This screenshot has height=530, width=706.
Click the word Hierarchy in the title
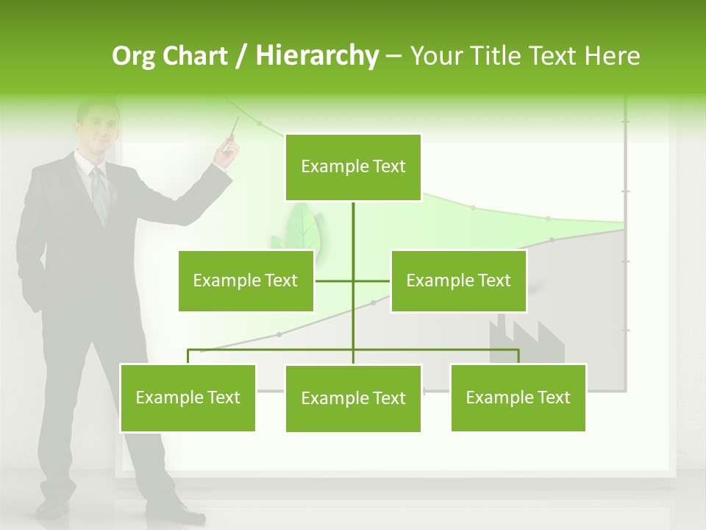click(317, 56)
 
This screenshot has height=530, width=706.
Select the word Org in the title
click(135, 56)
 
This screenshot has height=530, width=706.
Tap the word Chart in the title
click(195, 56)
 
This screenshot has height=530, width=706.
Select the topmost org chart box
click(353, 167)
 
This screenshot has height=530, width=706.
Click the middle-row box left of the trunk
click(246, 280)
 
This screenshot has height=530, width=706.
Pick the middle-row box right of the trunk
click(458, 280)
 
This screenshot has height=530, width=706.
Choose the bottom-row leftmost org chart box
click(188, 397)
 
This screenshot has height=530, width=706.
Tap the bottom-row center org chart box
click(353, 398)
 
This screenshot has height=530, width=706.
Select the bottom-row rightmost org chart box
click(518, 397)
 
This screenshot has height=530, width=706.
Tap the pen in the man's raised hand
click(233, 130)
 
